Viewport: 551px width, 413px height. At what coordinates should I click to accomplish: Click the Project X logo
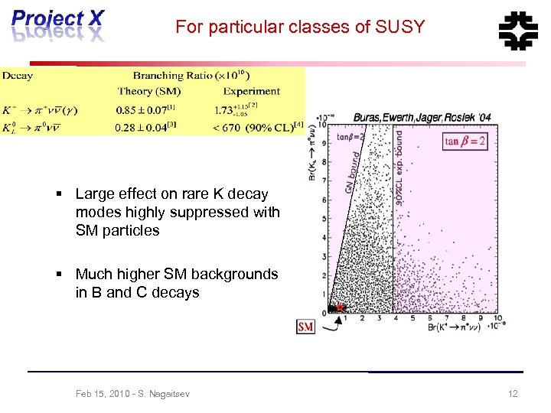(x=57, y=25)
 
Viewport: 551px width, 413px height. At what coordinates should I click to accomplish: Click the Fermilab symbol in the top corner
(x=518, y=30)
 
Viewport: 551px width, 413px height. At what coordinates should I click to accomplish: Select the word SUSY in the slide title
(x=399, y=28)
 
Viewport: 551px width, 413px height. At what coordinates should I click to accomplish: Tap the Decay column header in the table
(x=17, y=76)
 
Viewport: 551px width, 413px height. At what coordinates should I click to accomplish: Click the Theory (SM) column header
(x=148, y=92)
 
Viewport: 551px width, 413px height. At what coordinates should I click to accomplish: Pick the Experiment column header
(x=252, y=92)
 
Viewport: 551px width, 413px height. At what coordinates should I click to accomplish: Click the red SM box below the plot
(x=305, y=327)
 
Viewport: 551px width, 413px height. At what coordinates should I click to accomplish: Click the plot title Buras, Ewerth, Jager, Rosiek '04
(x=422, y=118)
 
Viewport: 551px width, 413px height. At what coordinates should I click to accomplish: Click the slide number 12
(x=513, y=394)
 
